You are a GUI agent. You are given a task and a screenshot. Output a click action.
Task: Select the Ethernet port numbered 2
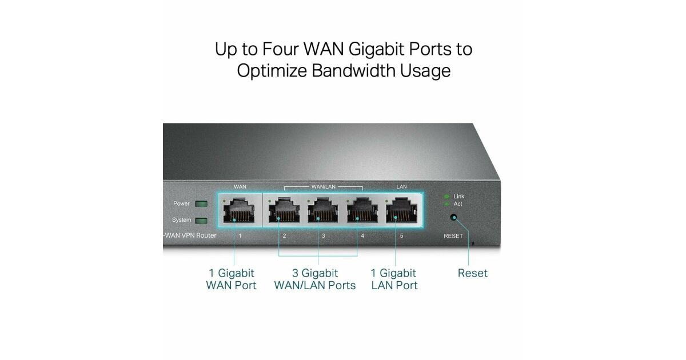pos(284,211)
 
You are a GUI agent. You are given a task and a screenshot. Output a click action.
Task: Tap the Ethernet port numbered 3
pos(322,211)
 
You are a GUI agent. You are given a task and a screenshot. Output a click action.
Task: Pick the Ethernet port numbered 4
pos(361,211)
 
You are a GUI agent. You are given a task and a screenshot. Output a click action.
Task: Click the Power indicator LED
pos(201,204)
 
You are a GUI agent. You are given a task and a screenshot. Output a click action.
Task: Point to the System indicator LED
pos(201,221)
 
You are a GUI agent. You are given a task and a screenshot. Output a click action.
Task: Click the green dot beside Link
pos(447,197)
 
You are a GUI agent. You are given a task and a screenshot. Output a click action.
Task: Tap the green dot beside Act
pos(447,204)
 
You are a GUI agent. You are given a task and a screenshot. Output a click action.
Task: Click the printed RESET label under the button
pos(453,236)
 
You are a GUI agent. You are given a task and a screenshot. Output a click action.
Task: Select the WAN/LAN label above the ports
pos(323,187)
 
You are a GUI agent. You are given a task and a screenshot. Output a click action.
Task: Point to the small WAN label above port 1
pos(240,187)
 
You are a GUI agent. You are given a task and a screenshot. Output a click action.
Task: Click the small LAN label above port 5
pos(401,187)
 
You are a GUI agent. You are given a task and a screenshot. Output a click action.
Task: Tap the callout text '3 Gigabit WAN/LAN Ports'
pos(315,279)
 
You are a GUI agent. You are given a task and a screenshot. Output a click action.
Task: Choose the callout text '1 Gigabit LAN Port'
pos(394,279)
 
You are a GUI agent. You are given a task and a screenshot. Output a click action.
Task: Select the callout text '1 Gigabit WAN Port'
pos(232,279)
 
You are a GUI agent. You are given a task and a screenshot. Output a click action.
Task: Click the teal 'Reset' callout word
pos(473,273)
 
